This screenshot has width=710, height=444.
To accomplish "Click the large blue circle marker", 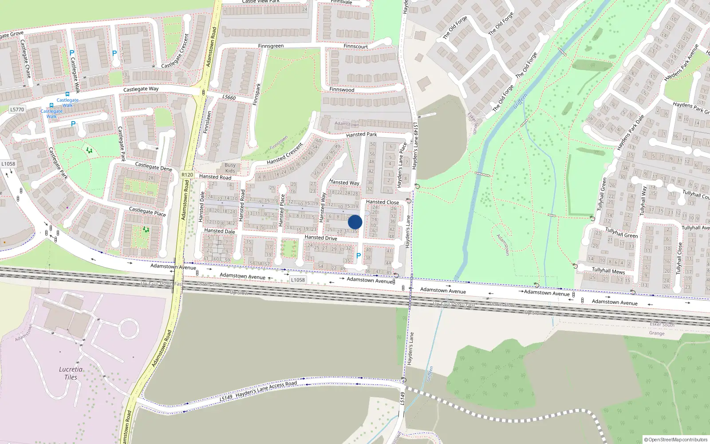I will tap(355, 222).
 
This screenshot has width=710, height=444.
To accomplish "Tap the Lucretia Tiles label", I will tap(71, 373).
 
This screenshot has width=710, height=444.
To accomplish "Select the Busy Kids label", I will tap(230, 168).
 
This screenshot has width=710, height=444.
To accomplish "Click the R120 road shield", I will tap(187, 174).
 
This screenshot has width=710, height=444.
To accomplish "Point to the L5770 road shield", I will tap(17, 109).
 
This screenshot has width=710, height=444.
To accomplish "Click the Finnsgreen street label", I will tap(271, 46).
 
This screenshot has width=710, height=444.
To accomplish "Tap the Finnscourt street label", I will tap(355, 46).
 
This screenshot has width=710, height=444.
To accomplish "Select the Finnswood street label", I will tap(342, 90).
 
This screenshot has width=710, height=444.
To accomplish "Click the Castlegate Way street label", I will tap(141, 89).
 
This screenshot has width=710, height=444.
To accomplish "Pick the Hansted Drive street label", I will tap(321, 238).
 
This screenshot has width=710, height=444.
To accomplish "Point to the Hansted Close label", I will tap(382, 202).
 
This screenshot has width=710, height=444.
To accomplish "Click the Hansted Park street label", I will tap(361, 135).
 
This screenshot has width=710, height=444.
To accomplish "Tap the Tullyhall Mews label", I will tap(608, 270).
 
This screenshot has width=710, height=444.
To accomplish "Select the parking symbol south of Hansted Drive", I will tap(359, 256).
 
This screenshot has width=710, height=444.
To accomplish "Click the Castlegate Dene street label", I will tap(154, 166).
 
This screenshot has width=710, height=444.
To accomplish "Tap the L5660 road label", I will tap(229, 98).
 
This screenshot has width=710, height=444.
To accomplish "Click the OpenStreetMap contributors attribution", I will tap(676, 440).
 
